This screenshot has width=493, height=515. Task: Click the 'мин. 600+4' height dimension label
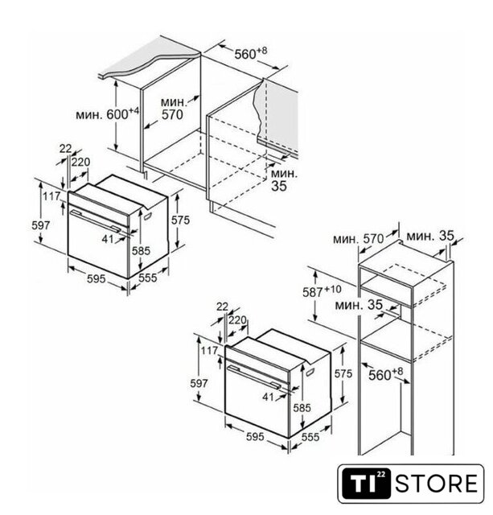click(x=108, y=114)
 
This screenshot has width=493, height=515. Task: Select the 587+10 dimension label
click(x=322, y=291)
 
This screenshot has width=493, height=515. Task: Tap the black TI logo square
click(x=367, y=483)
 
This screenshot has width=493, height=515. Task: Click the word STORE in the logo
click(x=437, y=483)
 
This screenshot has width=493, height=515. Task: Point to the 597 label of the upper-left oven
click(x=41, y=225)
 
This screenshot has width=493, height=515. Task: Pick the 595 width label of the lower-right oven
click(x=255, y=436)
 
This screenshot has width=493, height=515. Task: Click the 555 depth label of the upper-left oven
click(x=148, y=278)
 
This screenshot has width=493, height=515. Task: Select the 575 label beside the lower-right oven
click(x=343, y=373)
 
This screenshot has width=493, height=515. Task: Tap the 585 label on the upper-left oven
click(x=141, y=251)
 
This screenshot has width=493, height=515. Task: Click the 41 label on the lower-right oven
click(x=268, y=397)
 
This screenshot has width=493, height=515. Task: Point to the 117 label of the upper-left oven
click(x=51, y=196)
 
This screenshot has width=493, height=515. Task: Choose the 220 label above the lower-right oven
click(x=237, y=320)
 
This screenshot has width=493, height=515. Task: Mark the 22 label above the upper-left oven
click(x=65, y=149)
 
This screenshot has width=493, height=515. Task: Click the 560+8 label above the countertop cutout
click(x=250, y=53)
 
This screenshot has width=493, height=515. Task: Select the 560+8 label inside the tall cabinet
click(x=385, y=374)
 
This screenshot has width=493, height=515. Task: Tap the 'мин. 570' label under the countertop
click(x=173, y=109)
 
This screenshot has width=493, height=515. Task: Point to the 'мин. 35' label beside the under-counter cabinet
click(x=284, y=180)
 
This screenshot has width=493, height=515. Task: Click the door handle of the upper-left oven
click(x=95, y=220)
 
